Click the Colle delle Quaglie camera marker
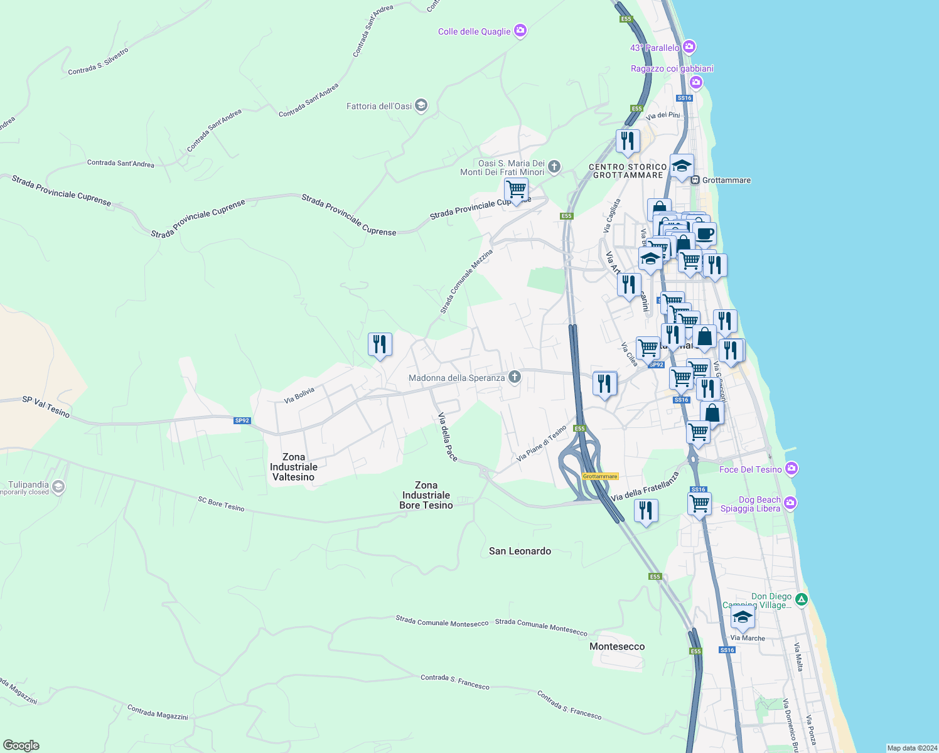coord(520,31)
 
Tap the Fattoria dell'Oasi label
coord(379,106)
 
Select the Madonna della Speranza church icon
coord(515,377)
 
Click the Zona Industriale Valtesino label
coord(294,467)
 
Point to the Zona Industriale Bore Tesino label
coord(426,495)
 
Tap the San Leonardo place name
coord(520,551)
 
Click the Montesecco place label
coord(617,646)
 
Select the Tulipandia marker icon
coord(58,487)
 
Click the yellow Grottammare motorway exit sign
coord(600,476)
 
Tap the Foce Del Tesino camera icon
coord(791,469)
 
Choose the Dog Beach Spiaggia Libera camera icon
coord(790,503)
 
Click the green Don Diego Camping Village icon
coord(801,599)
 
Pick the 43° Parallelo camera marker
coord(689,47)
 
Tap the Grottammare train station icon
coord(695,180)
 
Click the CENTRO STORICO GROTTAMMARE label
coord(628,171)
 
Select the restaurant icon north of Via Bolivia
coord(380,344)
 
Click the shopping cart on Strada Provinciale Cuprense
coord(515,189)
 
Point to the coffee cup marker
coord(704,233)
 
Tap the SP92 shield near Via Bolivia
coord(242,420)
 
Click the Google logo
coord(21,745)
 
